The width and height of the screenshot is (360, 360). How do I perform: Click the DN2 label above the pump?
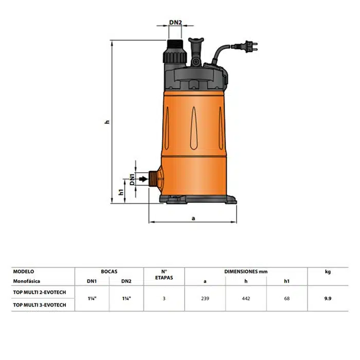[x=175, y=22]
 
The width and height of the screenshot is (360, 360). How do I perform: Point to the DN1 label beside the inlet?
[x=132, y=179]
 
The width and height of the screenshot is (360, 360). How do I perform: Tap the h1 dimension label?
[x=121, y=192]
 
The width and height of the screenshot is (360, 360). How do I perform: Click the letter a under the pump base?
[x=193, y=218]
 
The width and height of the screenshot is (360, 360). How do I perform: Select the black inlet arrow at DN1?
[x=143, y=179]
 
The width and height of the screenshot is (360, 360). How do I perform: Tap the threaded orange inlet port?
[x=153, y=178]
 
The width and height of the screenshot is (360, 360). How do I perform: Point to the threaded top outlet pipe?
[x=175, y=51]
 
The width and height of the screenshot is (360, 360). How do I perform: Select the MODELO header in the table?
[x=24, y=272]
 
